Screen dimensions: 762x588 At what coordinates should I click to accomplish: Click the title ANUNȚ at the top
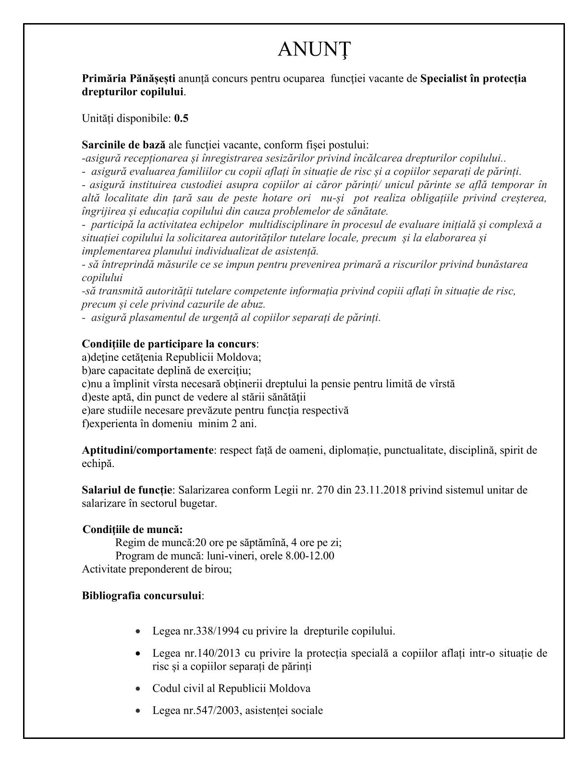point(315,49)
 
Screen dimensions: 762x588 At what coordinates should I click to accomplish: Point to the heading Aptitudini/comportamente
point(147,450)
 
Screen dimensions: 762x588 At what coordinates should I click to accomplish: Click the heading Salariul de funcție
point(127,490)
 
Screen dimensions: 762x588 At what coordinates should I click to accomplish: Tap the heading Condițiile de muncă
point(133,530)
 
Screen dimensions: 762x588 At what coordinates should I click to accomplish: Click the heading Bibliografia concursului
point(142,596)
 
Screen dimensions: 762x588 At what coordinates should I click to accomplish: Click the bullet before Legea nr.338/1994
point(138,631)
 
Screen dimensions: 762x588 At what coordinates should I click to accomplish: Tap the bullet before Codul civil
point(138,689)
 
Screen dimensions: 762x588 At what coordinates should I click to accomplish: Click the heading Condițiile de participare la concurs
point(169,344)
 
